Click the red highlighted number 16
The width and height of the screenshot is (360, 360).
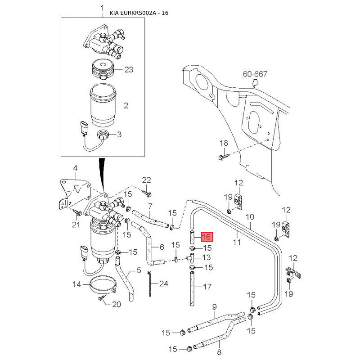click(x=207, y=237)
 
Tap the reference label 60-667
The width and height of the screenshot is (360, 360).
click(x=255, y=74)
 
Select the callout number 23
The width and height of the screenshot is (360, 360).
click(x=129, y=70)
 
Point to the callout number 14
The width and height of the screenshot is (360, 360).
click(x=77, y=284)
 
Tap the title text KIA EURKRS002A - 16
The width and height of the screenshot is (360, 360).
click(x=139, y=13)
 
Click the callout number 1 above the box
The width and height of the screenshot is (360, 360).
click(x=102, y=8)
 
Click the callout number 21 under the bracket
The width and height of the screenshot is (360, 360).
click(x=76, y=225)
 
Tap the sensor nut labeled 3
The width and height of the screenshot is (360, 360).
click(x=103, y=134)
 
